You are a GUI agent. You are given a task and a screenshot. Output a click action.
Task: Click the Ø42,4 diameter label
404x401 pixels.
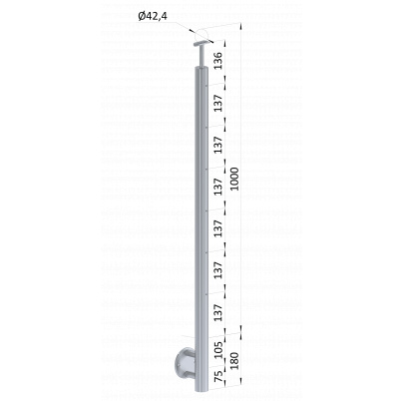(153, 16)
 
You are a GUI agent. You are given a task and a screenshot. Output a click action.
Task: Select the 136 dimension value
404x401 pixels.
(218, 61)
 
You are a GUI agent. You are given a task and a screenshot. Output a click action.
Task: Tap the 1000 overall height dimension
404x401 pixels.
(234, 179)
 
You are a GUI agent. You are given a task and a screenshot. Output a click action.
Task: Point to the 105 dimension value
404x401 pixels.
(218, 350)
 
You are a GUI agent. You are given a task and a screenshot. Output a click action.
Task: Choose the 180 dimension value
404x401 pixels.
(234, 361)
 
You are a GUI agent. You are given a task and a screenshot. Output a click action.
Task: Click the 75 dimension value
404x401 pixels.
(218, 376)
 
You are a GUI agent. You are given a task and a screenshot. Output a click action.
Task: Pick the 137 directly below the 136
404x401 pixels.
(218, 103)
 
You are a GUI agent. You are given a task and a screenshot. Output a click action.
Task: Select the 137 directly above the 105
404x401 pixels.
(218, 312)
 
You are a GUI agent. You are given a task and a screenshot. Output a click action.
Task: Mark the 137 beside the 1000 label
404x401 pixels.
(218, 187)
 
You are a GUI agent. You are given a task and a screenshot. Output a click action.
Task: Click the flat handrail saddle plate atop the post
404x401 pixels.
(202, 44)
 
